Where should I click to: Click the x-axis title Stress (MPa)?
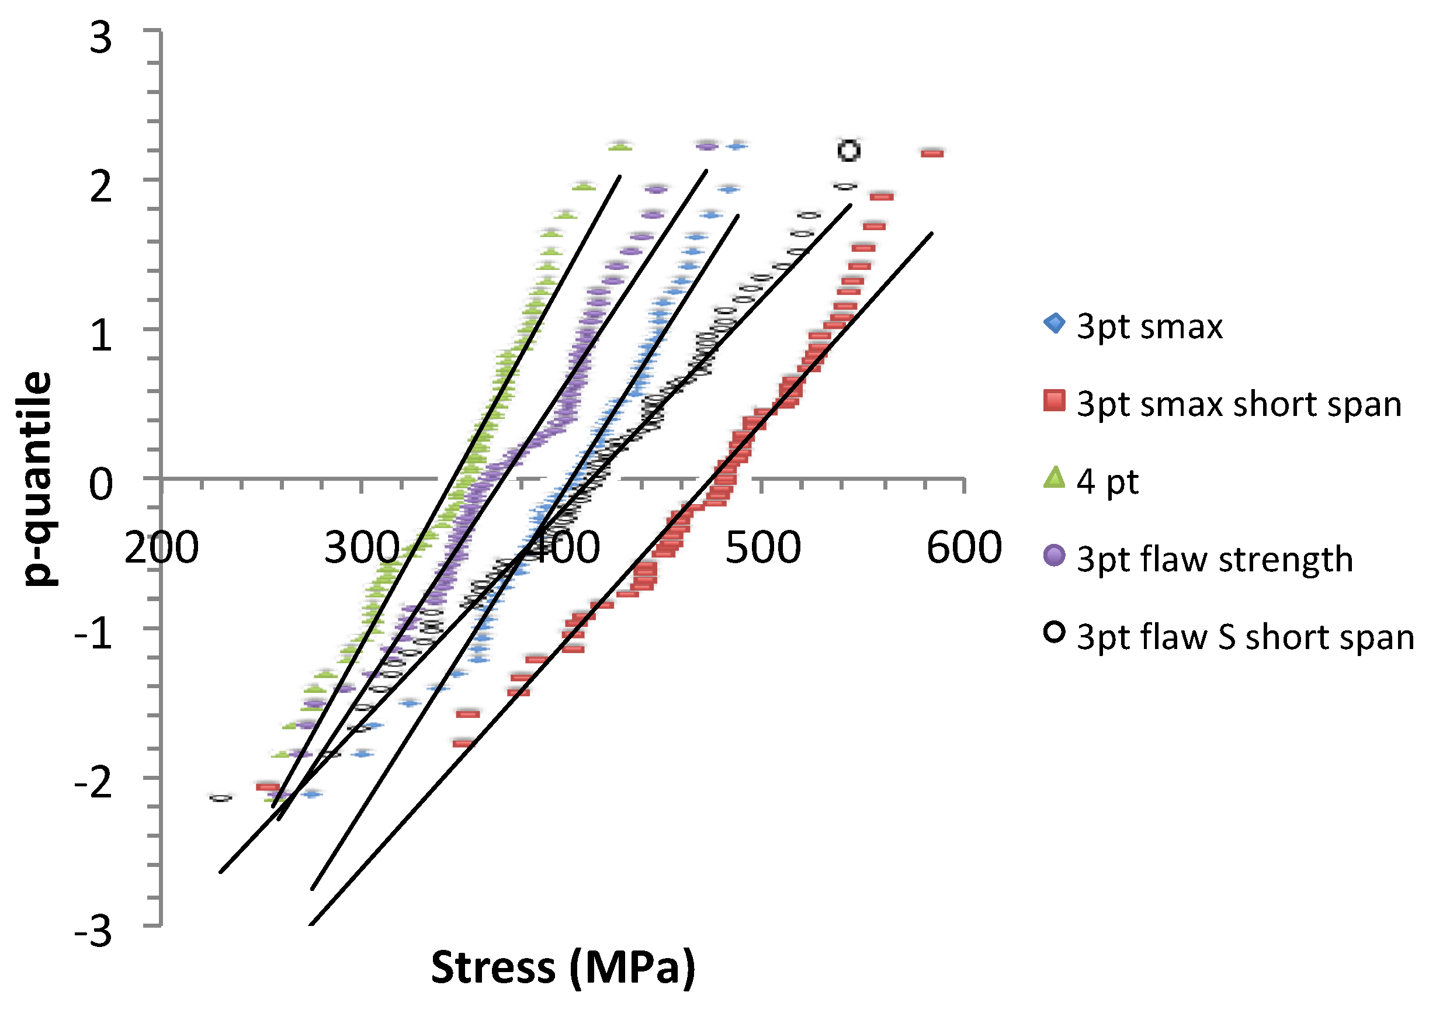click(563, 967)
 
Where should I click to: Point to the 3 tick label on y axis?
click(101, 38)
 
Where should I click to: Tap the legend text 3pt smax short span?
click(1239, 404)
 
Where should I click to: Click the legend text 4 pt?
click(1108, 481)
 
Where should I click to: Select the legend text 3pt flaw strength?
click(1215, 559)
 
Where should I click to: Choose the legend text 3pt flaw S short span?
click(1245, 637)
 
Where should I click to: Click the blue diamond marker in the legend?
click(1054, 323)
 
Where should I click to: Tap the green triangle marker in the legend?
click(1054, 478)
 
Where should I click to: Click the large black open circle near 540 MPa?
click(849, 150)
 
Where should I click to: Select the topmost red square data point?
click(932, 153)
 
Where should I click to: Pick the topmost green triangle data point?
click(619, 147)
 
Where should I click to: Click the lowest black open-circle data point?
click(221, 798)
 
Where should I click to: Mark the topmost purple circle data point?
click(707, 146)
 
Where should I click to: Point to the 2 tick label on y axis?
click(101, 186)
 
